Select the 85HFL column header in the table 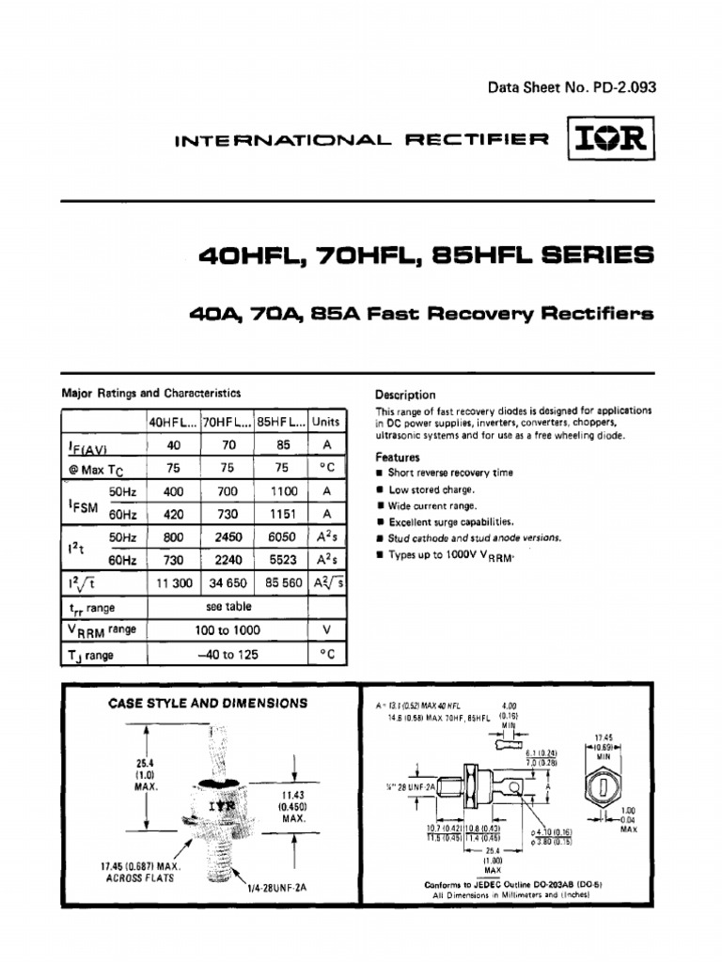click(280, 422)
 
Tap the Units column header click(325, 422)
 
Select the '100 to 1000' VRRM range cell click(227, 630)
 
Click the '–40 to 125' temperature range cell click(227, 654)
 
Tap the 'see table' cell click(227, 607)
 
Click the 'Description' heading click(405, 396)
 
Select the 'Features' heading click(398, 458)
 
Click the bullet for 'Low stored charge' click(380, 489)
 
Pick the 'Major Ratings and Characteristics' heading click(151, 393)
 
